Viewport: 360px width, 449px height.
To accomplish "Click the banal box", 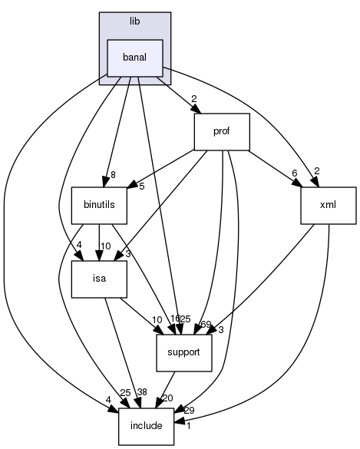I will [x=134, y=58].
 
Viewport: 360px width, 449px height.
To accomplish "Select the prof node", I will [x=222, y=132].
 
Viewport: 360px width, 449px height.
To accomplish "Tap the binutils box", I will [x=99, y=206].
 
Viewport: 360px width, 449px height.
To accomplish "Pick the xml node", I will [x=329, y=206].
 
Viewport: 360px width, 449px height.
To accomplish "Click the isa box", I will [x=99, y=279].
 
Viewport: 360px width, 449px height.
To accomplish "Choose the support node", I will [x=183, y=353].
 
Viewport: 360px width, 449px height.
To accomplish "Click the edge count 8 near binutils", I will [x=113, y=175].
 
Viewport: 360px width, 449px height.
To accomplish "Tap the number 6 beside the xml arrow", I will [x=294, y=173].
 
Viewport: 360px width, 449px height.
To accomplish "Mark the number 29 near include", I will [x=190, y=411].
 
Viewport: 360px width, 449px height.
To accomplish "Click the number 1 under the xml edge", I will [x=188, y=427].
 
